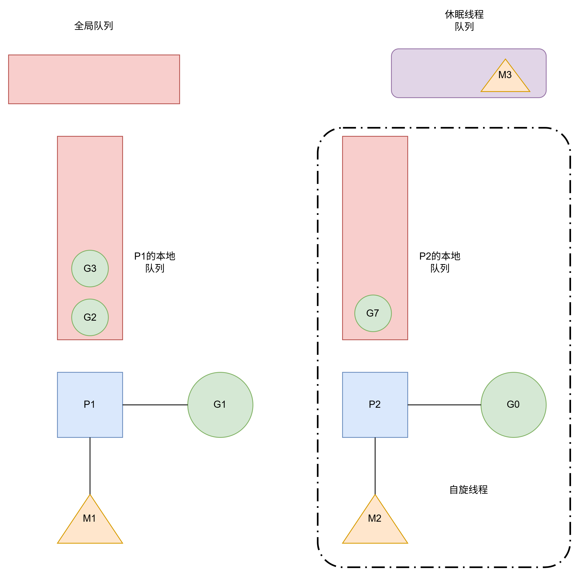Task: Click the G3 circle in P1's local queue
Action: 90,268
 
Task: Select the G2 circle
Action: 90,317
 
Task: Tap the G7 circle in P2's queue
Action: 373,313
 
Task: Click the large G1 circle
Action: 220,405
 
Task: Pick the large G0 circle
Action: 513,405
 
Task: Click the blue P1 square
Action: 90,405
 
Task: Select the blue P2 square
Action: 375,405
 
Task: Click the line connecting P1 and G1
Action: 155,405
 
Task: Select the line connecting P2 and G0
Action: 444,405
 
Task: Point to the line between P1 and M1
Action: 90,466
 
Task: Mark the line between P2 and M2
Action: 375,466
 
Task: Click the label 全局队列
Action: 94,26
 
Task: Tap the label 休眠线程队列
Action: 464,20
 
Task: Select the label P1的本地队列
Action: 155,262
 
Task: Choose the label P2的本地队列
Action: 440,262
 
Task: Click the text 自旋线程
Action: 468,490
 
